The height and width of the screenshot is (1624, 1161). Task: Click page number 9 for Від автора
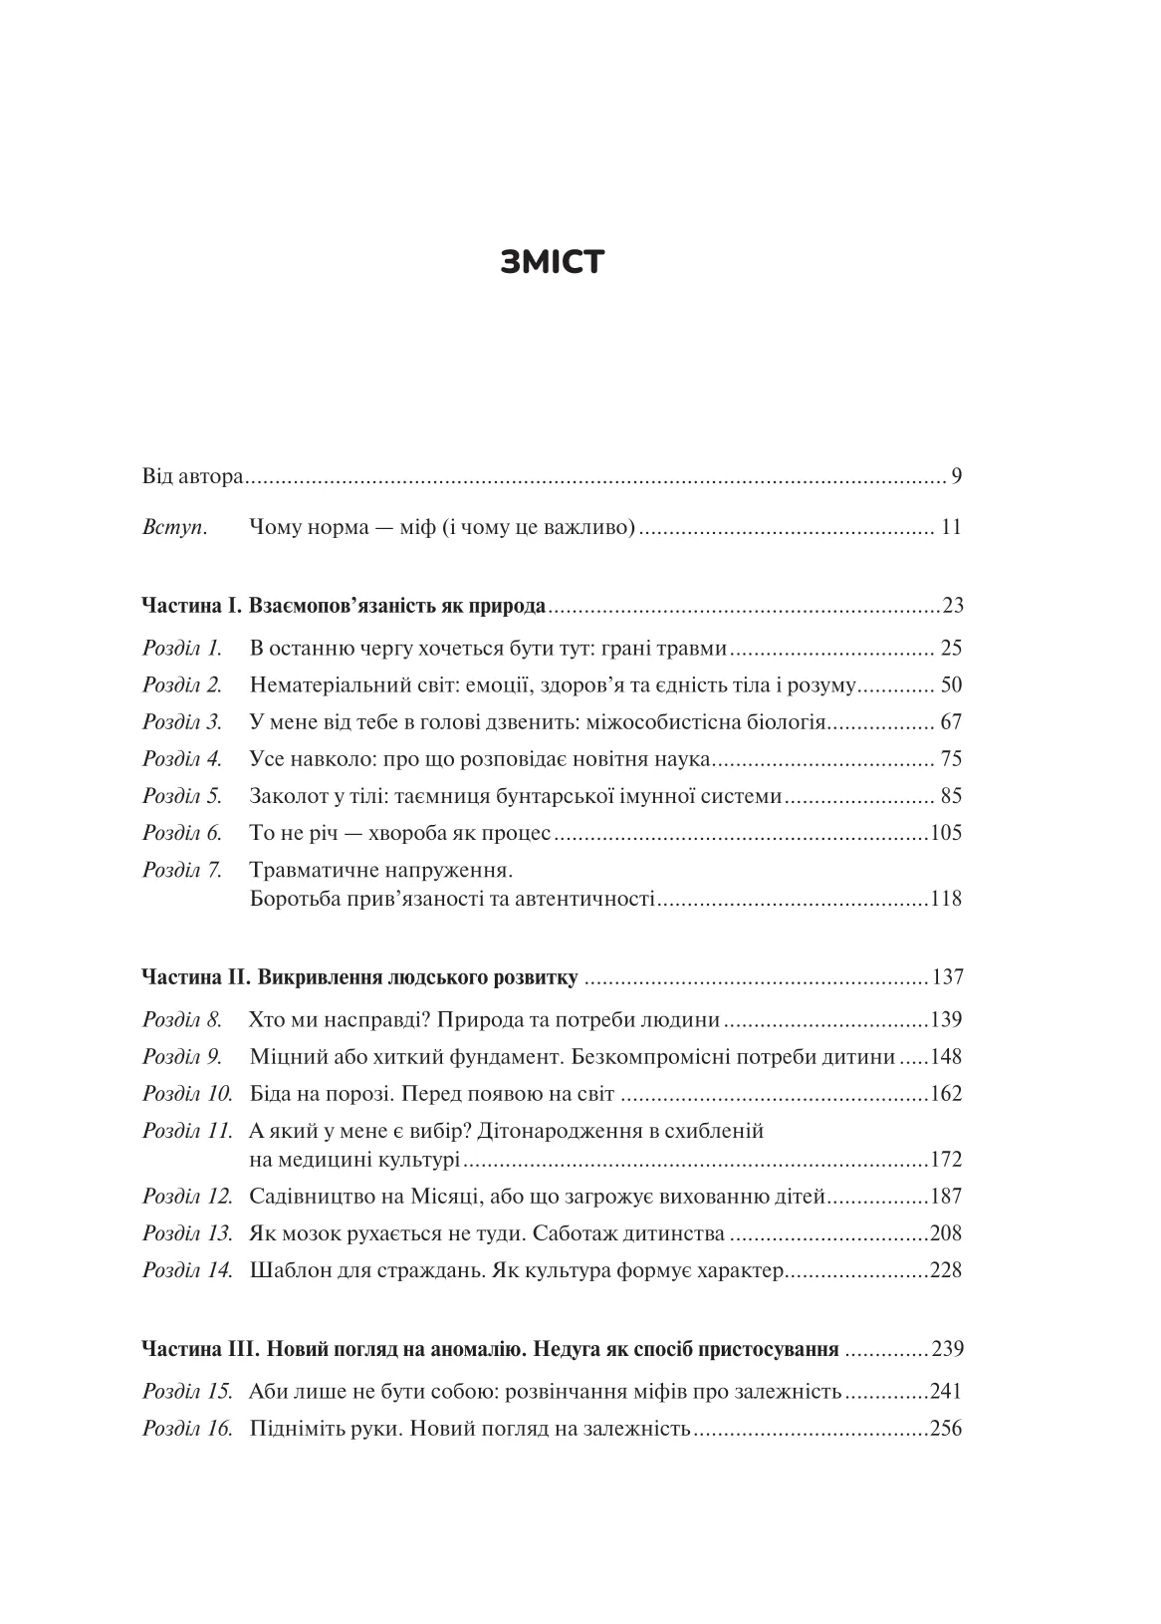tap(956, 476)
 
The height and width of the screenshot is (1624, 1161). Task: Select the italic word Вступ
tap(174, 528)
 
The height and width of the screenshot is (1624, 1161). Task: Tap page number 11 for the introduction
tap(951, 528)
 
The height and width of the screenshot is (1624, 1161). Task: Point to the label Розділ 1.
tap(182, 649)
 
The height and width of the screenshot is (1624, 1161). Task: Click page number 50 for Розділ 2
tap(951, 685)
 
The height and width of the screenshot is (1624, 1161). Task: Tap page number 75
tap(951, 759)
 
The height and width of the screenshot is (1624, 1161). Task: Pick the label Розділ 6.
tap(182, 833)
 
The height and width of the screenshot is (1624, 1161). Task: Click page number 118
tap(946, 899)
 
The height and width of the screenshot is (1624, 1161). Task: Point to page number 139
tap(946, 1020)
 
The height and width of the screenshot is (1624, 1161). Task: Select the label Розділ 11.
tap(187, 1131)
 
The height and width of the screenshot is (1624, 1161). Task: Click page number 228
tap(946, 1270)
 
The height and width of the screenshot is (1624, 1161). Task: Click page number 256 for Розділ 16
tap(946, 1429)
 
